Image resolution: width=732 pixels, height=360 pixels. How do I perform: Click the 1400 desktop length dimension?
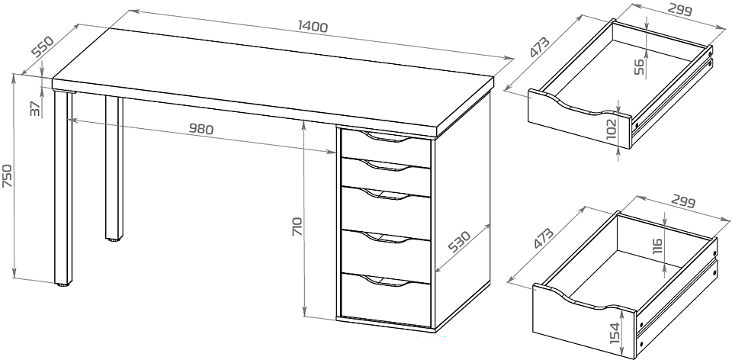pos(313,27)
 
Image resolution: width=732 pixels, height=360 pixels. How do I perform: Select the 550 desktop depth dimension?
pos(43,46)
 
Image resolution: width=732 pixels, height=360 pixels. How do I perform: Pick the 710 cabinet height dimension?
pos(297,226)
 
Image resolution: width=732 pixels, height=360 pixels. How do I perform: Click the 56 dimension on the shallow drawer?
pos(639,67)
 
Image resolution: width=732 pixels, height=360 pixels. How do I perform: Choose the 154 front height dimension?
pos(615,333)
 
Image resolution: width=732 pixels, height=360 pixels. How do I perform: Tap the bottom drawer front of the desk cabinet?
pos(386,300)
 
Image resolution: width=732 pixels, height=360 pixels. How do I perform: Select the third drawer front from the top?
pos(386,213)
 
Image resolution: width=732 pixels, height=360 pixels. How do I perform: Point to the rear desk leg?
pos(114,169)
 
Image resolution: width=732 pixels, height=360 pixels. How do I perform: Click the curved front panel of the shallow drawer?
pos(579,119)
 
